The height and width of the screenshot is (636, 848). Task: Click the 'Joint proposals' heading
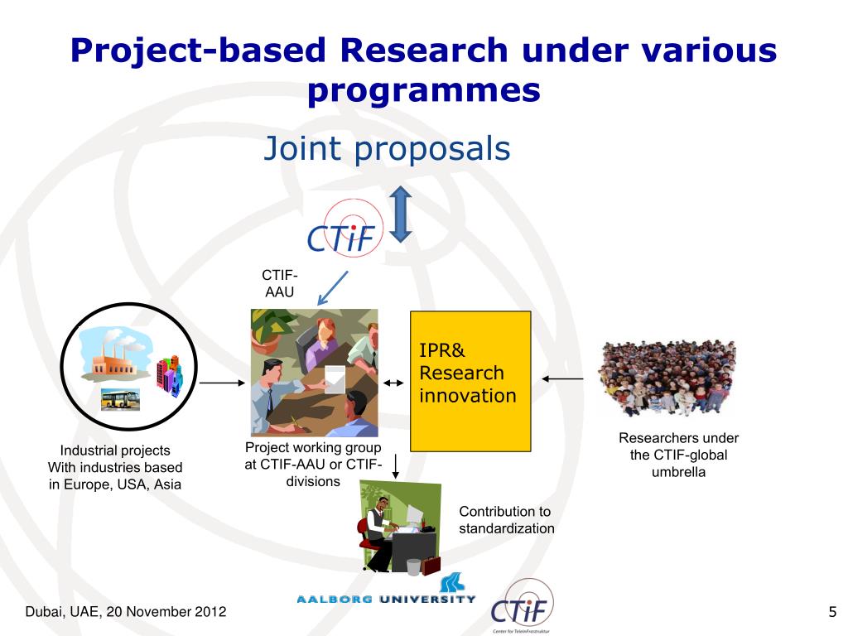[387, 149]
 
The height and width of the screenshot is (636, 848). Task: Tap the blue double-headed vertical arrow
[401, 214]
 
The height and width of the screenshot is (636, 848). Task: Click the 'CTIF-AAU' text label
[279, 283]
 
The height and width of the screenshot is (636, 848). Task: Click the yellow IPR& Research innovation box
[470, 381]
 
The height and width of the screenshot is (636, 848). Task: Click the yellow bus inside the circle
[120, 400]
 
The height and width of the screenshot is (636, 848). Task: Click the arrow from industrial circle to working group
[222, 383]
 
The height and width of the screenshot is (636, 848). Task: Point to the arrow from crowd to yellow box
[562, 379]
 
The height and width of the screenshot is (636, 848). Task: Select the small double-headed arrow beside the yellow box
[394, 383]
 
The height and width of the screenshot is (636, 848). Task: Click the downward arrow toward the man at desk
[396, 465]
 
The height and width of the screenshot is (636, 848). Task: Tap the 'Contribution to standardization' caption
[507, 520]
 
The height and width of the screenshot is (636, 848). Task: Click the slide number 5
[831, 613]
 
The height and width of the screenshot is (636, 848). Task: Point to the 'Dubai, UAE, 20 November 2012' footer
[113, 613]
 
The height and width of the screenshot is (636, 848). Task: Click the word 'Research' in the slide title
[423, 51]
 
